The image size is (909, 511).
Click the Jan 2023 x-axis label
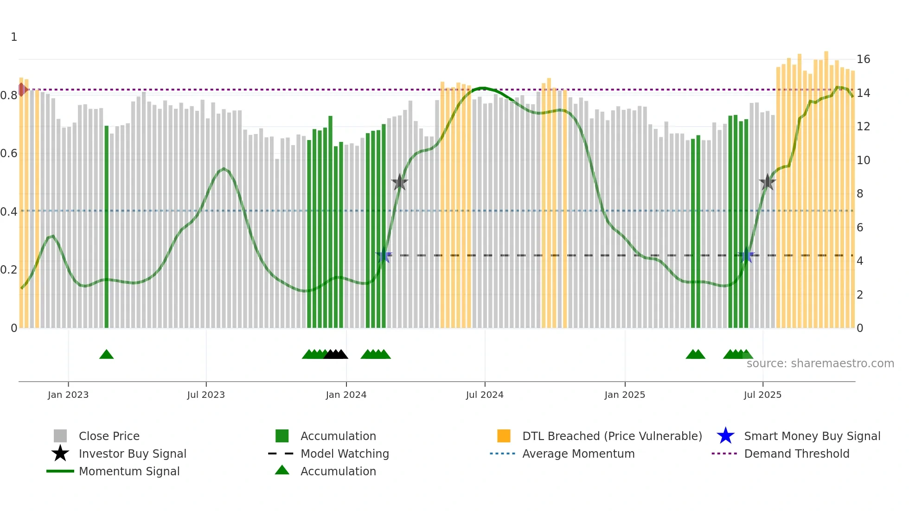(68, 395)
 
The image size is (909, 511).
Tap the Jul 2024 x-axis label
(485, 395)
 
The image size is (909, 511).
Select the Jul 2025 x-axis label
(762, 395)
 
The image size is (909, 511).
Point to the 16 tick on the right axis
(863, 59)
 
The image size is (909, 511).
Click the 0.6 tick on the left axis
(9, 153)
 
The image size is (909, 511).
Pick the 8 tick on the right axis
(860, 194)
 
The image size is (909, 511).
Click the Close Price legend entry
(109, 436)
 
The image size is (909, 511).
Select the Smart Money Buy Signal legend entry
(812, 436)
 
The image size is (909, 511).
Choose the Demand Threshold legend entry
(796, 454)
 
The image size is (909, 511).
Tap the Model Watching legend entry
(345, 454)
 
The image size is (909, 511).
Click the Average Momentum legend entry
(578, 454)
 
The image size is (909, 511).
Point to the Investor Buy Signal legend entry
(132, 454)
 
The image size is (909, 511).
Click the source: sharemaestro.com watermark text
(820, 364)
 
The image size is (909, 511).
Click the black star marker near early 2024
(399, 182)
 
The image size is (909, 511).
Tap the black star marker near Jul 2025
(768, 182)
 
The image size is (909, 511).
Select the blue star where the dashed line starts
(384, 255)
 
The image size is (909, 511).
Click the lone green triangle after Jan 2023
(106, 355)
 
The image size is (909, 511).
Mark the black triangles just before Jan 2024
(336, 355)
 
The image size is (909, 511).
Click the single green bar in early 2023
(107, 227)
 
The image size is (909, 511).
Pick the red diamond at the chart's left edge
(22, 89)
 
